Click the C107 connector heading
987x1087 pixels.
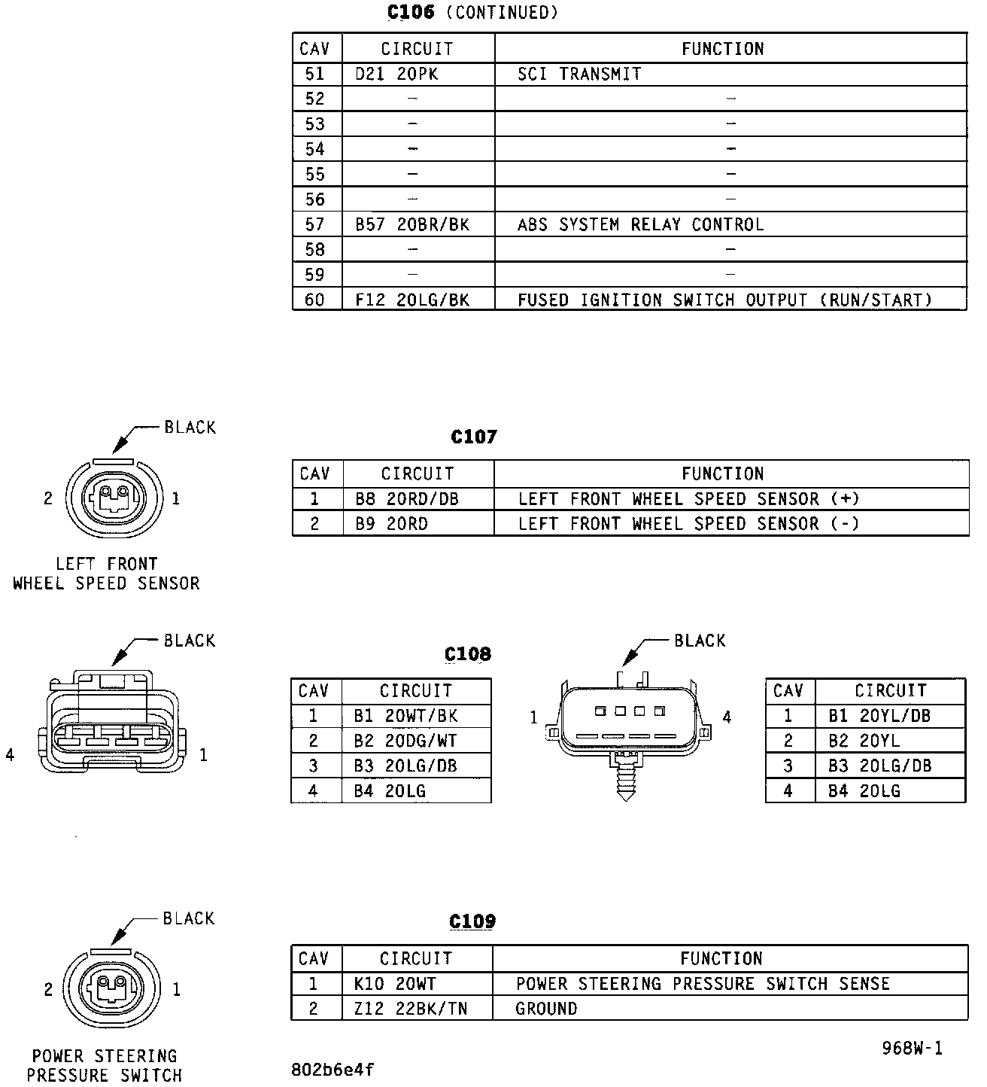(473, 437)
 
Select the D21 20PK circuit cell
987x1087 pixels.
(396, 74)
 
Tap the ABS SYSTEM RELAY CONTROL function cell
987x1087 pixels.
(640, 224)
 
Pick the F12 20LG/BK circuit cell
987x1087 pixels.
(412, 300)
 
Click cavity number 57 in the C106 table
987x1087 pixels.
(314, 224)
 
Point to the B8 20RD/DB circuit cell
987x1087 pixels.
(406, 498)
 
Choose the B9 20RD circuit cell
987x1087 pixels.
(391, 523)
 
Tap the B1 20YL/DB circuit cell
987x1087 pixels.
(879, 716)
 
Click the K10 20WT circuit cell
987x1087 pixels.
(394, 984)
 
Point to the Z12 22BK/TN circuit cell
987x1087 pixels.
(410, 1009)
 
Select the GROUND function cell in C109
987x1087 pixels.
(546, 1009)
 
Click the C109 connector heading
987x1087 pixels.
(472, 921)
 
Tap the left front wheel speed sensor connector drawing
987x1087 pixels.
(113, 498)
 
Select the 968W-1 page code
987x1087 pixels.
(912, 1048)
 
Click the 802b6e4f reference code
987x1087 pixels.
(332, 1070)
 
